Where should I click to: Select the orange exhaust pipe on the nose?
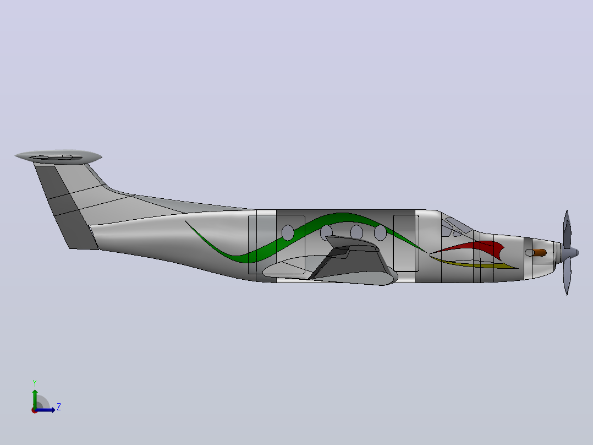(540, 253)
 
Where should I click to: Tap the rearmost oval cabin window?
(288, 232)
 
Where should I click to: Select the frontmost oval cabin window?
(380, 232)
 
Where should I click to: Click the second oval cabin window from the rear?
(326, 232)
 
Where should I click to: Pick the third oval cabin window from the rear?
(356, 232)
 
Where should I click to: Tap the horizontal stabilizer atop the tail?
(59, 156)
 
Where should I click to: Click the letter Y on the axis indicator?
(35, 383)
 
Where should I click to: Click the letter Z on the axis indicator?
(59, 407)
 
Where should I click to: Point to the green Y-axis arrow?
(35, 399)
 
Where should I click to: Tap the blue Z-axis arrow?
(45, 410)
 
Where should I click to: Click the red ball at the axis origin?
(35, 410)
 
